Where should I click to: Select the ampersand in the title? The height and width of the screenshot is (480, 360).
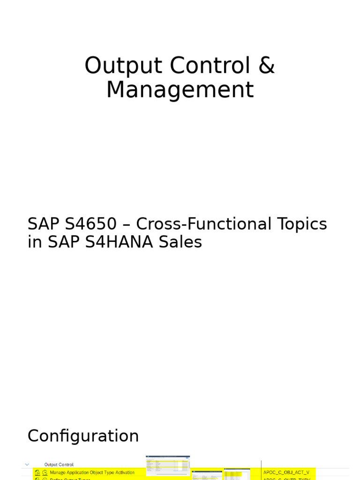[266, 66]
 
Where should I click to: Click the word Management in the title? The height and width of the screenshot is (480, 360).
[180, 90]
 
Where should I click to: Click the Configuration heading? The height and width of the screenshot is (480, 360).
[83, 436]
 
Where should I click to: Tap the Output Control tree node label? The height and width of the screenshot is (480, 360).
[59, 465]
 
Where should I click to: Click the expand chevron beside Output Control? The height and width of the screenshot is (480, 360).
[27, 465]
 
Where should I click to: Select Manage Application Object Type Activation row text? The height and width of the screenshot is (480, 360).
[92, 472]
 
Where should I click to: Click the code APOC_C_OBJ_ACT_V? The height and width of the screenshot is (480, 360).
[286, 472]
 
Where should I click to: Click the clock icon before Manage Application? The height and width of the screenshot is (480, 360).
[45, 472]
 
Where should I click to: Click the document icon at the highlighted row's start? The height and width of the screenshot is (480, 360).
[37, 472]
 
